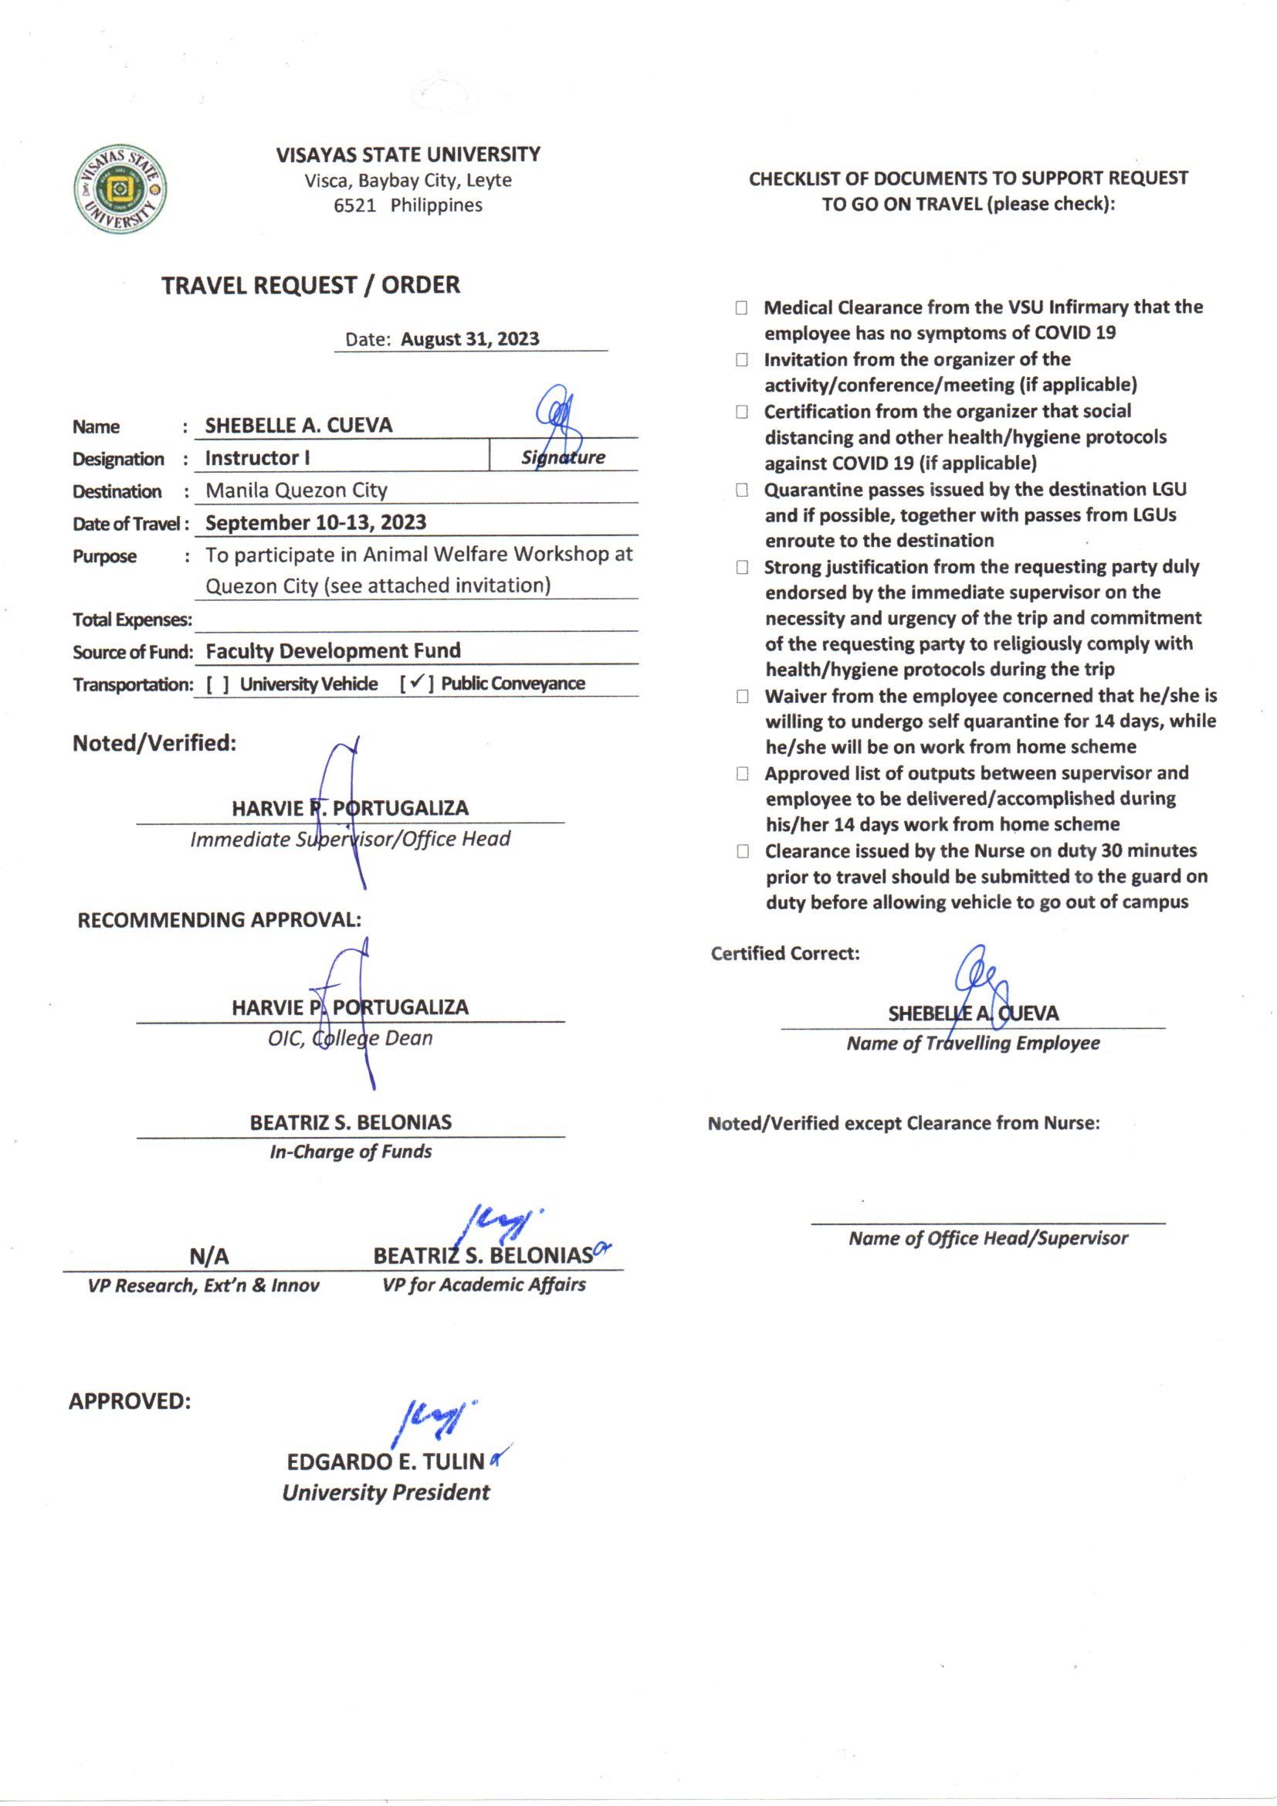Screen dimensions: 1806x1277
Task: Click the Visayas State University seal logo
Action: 120,188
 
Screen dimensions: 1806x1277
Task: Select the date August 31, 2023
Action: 469,339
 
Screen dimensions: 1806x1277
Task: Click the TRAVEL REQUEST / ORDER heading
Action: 310,285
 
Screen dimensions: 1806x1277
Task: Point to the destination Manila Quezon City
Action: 296,490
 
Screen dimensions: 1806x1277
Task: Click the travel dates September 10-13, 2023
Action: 315,522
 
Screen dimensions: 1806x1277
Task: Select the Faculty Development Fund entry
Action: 333,651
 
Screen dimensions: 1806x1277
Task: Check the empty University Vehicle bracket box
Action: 218,684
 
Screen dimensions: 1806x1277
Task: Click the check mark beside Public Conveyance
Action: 417,682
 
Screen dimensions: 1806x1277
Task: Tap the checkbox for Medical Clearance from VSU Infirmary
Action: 741,307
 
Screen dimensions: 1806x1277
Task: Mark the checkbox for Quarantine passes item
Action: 741,490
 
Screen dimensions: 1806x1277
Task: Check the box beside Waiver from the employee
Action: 742,696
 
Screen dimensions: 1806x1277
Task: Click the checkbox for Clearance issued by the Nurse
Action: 742,851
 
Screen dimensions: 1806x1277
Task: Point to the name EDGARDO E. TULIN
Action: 385,1461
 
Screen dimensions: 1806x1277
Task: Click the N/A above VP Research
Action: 209,1256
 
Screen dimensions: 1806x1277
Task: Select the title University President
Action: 386,1492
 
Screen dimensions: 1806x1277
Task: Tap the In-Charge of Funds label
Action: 351,1152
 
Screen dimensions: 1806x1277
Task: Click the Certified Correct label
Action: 784,953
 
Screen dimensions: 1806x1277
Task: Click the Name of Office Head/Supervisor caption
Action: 987,1239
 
